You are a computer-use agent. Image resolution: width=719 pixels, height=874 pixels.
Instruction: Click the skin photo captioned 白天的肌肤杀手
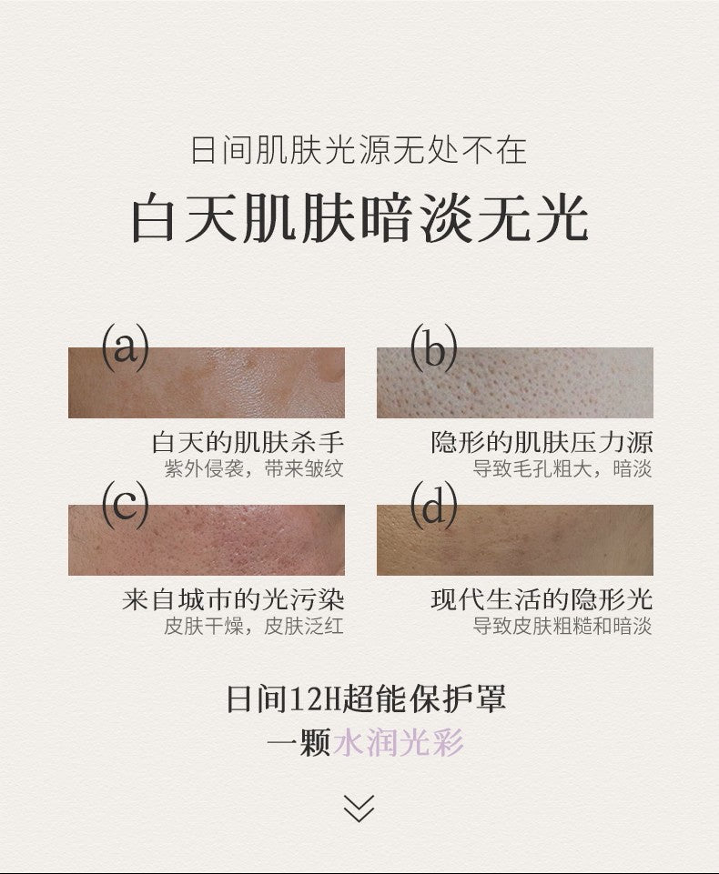point(207,384)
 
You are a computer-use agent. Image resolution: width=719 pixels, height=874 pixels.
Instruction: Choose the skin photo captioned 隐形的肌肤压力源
point(515,384)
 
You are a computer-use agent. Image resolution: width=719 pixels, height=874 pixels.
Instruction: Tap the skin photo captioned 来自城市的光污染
point(207,540)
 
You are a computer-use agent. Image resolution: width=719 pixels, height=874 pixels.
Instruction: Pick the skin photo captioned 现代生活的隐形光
point(515,540)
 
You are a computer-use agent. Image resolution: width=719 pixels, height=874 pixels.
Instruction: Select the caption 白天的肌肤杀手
point(248,443)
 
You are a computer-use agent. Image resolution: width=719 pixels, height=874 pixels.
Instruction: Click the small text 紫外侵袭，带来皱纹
point(254,469)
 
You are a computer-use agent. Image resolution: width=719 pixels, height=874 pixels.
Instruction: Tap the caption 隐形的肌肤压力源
point(542,443)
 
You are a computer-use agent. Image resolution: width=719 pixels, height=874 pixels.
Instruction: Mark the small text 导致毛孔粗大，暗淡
point(562,469)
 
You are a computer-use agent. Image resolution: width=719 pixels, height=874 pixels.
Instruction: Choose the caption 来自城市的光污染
point(233,600)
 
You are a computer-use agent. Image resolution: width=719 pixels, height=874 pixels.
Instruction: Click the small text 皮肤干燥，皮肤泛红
point(254,627)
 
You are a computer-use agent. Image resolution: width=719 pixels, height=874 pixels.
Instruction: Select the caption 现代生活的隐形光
point(542,600)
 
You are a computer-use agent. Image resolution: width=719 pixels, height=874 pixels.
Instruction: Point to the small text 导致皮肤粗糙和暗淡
point(562,627)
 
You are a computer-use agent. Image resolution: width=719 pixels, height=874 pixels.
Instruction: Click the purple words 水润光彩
point(399,742)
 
